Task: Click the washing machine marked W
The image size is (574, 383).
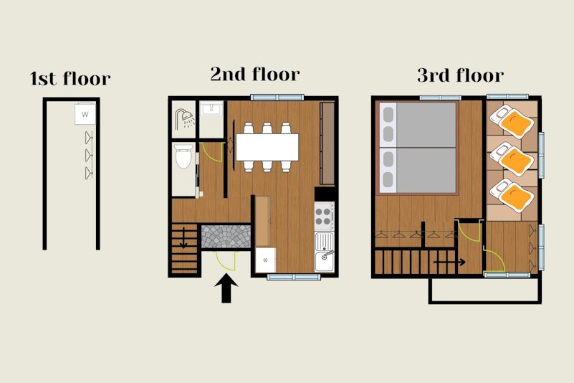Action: pos(85,114)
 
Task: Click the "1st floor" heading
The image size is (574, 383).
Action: pos(70,78)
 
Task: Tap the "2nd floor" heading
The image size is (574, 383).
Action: pos(255,74)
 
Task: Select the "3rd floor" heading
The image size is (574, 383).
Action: pos(461,75)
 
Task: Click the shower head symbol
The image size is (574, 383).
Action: pos(184,118)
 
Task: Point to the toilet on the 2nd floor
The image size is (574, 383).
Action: pos(183,156)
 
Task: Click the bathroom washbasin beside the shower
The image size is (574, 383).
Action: pos(211,109)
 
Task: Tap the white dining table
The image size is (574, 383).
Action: pos(267,147)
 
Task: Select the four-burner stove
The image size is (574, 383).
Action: pos(325,216)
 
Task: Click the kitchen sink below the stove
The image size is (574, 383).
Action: pos(325,252)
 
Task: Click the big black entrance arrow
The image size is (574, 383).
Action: pos(226,288)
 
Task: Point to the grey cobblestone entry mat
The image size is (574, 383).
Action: pos(226,237)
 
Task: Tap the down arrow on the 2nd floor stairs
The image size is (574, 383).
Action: pos(183,238)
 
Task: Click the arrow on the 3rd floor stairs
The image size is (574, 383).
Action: pos(449,262)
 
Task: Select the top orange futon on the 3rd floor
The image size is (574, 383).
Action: pos(512,121)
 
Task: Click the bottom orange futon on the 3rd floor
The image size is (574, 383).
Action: pos(512,195)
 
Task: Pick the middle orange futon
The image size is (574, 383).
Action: pos(512,159)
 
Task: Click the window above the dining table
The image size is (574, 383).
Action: pos(277,98)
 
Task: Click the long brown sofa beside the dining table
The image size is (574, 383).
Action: pos(327,143)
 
